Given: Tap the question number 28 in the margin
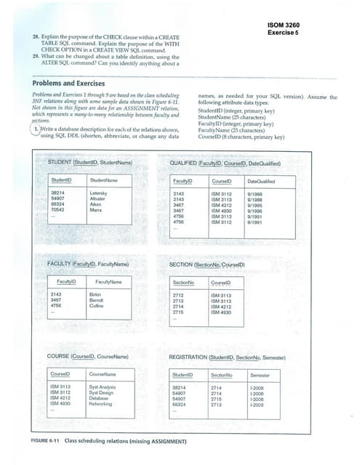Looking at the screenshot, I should coord(36,35).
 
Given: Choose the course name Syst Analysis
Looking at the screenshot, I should coord(103,387).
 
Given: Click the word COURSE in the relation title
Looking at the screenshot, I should coord(59,357).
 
